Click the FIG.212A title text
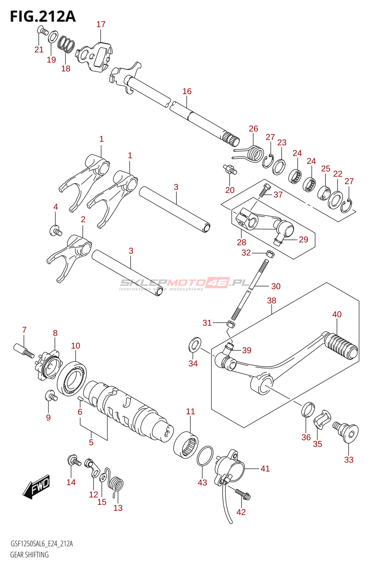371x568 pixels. tap(43, 17)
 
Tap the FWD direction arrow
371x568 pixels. tap(36, 486)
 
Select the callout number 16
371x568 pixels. tap(187, 91)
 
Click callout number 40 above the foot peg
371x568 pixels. tap(337, 315)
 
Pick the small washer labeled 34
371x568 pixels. tap(195, 345)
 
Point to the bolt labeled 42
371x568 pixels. tap(243, 495)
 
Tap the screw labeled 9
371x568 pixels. tap(51, 396)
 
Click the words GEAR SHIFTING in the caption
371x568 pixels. tap(29, 555)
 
